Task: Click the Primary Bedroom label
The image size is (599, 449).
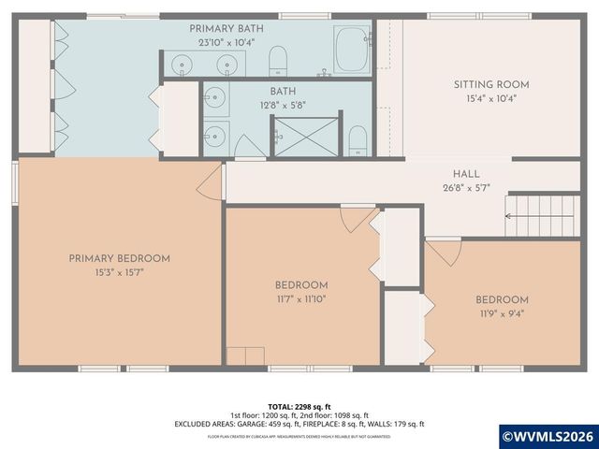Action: tap(118, 258)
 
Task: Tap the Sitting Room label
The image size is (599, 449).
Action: tap(485, 84)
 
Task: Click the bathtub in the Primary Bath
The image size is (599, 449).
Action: tap(353, 49)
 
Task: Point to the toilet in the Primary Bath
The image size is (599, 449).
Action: tap(278, 61)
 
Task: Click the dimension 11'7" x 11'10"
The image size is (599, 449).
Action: tap(300, 299)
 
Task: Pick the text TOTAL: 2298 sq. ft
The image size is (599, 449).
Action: tap(299, 406)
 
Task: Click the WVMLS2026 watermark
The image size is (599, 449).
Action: tap(548, 435)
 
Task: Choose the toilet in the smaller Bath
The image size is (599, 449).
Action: tap(358, 143)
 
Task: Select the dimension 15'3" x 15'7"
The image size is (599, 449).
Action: tap(118, 272)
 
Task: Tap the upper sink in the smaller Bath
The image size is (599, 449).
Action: tap(215, 97)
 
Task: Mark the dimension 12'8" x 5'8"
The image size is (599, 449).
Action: tap(282, 106)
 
